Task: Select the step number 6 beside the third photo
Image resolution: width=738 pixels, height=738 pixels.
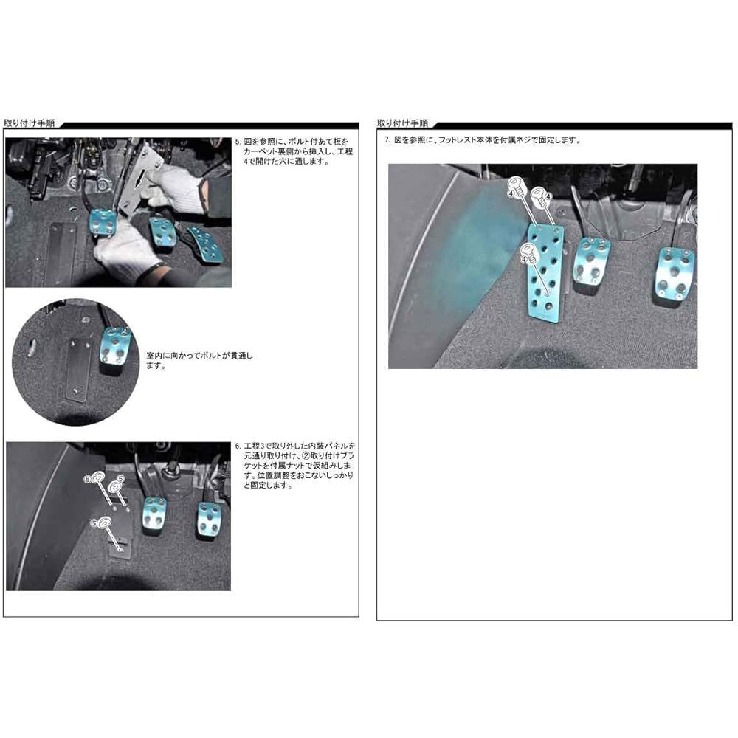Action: (237, 446)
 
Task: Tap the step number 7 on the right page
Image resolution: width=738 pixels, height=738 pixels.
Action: (387, 139)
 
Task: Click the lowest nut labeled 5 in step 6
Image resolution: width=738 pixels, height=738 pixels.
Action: (101, 524)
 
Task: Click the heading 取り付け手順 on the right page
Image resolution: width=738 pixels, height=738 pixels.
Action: (402, 123)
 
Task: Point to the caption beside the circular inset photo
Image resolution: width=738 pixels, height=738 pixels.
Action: (199, 360)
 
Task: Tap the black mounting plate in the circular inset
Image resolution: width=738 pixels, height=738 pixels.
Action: (75, 369)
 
